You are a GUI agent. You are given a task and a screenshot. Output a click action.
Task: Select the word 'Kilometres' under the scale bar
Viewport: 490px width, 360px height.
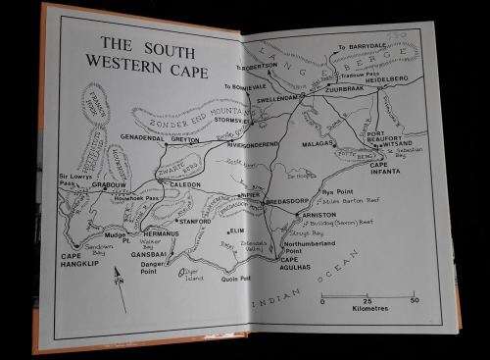point(367,312)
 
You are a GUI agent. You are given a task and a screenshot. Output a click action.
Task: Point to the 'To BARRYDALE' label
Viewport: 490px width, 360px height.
point(362,47)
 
